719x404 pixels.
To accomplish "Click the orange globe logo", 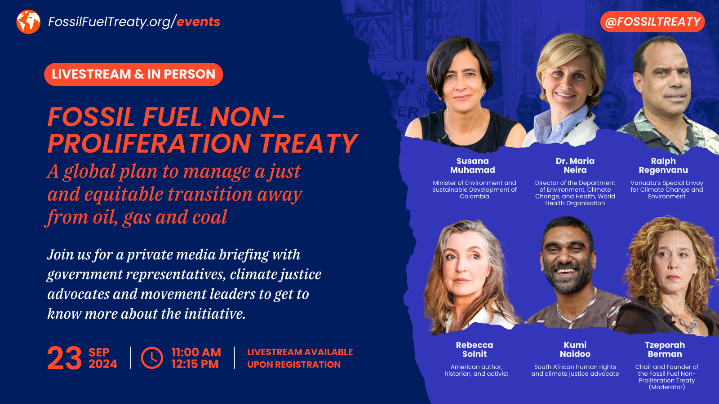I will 28,22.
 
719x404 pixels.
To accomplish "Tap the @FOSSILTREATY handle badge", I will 652,22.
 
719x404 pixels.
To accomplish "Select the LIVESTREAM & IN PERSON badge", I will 133,74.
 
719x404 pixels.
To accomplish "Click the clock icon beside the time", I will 152,358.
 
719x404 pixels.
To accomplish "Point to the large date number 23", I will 64,358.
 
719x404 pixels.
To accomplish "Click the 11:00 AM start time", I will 196,352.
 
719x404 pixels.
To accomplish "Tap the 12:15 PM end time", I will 195,364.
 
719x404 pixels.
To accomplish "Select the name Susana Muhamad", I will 473,165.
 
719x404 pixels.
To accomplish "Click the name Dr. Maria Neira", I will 575,165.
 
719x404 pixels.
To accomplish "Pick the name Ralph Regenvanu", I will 663,165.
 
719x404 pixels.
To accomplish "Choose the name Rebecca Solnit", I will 475,349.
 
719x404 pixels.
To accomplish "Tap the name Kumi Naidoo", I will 575,349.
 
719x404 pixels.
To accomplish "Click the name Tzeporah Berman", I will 665,349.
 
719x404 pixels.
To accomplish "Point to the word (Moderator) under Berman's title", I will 667,387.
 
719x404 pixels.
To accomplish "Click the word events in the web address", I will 198,22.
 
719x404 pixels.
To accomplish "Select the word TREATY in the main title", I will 309,143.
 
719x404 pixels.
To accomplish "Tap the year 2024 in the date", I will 103,364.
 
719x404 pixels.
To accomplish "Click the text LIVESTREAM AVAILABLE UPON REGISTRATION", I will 300,358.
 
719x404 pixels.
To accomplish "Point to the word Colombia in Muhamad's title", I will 475,197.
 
